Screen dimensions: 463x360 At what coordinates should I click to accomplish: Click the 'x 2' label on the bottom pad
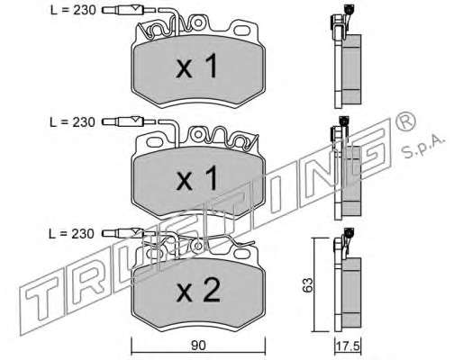point(198,291)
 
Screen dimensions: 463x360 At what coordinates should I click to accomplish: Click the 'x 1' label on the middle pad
point(196,179)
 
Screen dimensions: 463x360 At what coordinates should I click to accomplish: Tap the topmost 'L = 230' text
point(73,10)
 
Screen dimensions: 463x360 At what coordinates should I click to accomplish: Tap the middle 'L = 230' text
point(72,122)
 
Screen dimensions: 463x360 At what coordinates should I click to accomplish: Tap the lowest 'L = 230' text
point(71,233)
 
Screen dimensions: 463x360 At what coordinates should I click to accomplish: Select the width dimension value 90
point(198,346)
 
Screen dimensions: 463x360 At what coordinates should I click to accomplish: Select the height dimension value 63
point(307,284)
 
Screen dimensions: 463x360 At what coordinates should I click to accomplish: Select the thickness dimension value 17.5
point(348,346)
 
